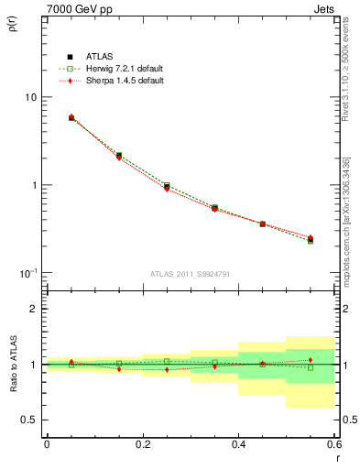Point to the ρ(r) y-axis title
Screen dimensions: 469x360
11,25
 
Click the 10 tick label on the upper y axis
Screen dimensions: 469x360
31,97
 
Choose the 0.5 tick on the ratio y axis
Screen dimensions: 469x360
29,420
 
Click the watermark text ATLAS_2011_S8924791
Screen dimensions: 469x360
190,272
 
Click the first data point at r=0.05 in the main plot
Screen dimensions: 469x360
71,117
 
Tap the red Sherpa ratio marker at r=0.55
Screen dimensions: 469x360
311,359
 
